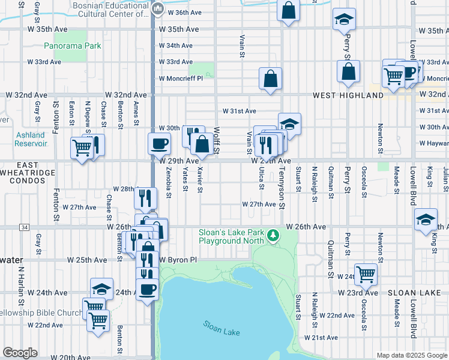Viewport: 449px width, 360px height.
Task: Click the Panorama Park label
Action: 73,46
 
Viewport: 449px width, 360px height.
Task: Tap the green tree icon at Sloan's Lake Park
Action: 274,234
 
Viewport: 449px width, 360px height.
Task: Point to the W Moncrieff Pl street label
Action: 181,78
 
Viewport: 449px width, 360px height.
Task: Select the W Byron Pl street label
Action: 178,260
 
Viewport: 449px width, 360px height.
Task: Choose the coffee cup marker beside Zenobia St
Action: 160,143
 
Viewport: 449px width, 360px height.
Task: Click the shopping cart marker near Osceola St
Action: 366,274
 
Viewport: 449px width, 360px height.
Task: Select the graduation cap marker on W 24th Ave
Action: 102,289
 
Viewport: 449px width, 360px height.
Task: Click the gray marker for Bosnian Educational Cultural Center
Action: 157,8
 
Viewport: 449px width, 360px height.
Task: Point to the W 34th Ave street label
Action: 175,46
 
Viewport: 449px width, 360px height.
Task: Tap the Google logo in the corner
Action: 20,353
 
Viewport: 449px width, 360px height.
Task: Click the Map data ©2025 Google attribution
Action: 411,355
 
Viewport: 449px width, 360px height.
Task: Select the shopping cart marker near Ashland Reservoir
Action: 82,148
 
